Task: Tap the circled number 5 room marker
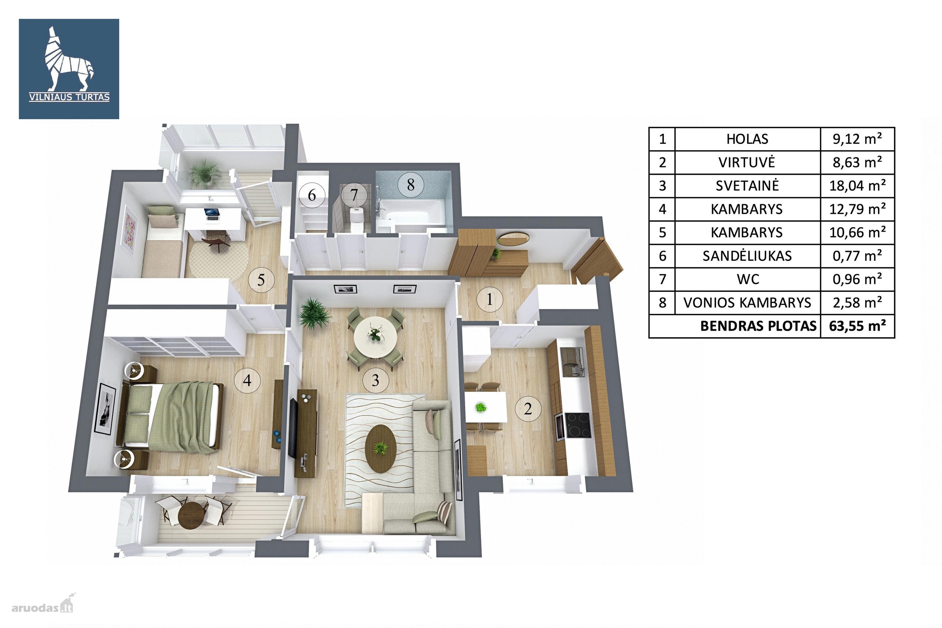click(x=261, y=279)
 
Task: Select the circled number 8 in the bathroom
click(x=411, y=185)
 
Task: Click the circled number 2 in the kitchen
click(x=528, y=409)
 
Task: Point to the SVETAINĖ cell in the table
click(x=747, y=186)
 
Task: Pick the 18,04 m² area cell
click(x=857, y=186)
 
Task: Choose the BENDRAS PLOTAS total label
click(x=758, y=326)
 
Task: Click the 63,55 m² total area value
click(x=857, y=326)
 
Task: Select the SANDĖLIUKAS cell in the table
click(x=747, y=256)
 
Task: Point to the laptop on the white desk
click(x=212, y=214)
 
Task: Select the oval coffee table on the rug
click(x=381, y=448)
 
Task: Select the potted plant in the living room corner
click(x=314, y=313)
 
